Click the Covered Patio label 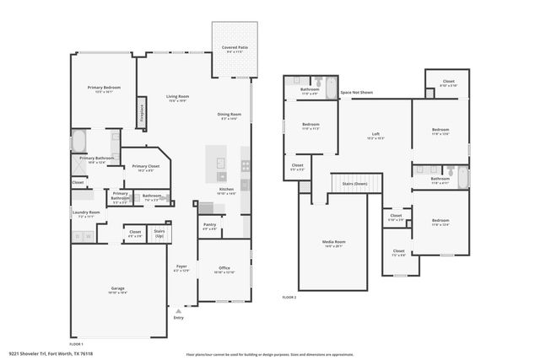pyautogui.click(x=234, y=48)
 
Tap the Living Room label pyautogui.click(x=177, y=97)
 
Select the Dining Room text pyautogui.click(x=230, y=115)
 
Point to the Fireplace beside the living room pyautogui.click(x=141, y=112)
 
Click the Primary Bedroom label pyautogui.click(x=105, y=87)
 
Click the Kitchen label pyautogui.click(x=226, y=190)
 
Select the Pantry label pyautogui.click(x=210, y=224)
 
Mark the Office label pyautogui.click(x=224, y=268)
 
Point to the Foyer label pyautogui.click(x=181, y=266)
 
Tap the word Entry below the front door pyautogui.click(x=178, y=317)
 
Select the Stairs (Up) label pyautogui.click(x=159, y=231)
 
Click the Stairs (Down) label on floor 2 pyautogui.click(x=354, y=183)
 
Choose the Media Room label pyautogui.click(x=334, y=243)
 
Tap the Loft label pyautogui.click(x=376, y=134)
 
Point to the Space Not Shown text pyautogui.click(x=358, y=92)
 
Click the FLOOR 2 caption pyautogui.click(x=289, y=298)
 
